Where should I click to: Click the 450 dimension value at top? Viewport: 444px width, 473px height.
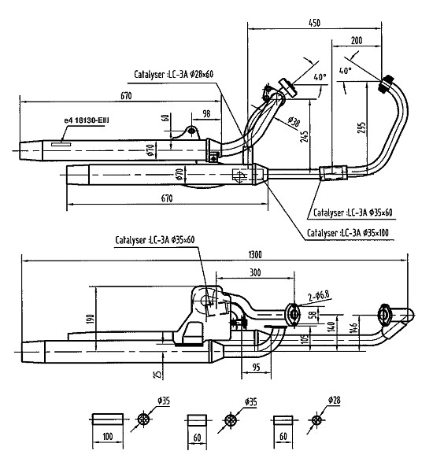click(x=314, y=23)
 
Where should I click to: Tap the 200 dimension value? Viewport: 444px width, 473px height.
click(x=357, y=40)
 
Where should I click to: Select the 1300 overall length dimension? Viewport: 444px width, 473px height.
click(x=255, y=255)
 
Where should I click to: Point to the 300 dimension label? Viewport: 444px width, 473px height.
click(x=255, y=272)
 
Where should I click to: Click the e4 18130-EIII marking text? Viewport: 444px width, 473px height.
click(x=87, y=120)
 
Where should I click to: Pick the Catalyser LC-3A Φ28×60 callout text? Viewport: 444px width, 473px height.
click(x=173, y=74)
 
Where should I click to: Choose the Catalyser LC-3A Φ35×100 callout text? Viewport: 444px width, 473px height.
click(x=348, y=233)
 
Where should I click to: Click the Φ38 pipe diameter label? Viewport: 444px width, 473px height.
click(x=294, y=121)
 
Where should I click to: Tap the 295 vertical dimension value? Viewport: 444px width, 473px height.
click(x=362, y=127)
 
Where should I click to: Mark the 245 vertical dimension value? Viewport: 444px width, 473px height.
click(x=305, y=136)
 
